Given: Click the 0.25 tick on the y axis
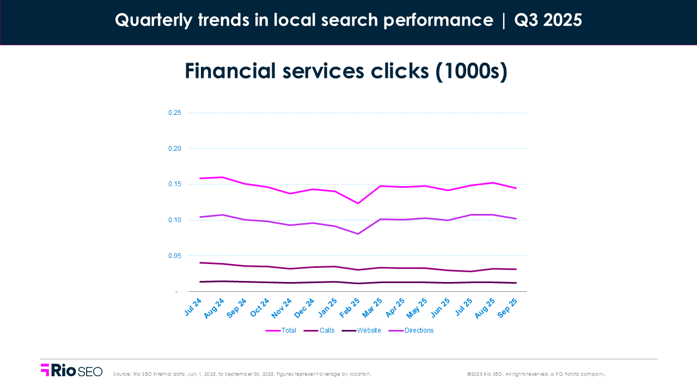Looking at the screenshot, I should click(174, 113).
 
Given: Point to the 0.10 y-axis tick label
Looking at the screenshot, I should click(174, 220).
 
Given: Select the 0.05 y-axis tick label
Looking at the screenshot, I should click(174, 256).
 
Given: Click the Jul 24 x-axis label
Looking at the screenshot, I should click(194, 307).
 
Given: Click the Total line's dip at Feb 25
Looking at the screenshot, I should click(358, 203).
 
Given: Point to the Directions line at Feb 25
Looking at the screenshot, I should click(358, 234).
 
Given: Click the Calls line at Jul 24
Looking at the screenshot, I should click(200, 262).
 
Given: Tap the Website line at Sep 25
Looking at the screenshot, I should click(516, 283).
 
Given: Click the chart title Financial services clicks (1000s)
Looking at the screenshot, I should click(346, 71).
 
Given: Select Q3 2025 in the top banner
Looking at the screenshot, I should click(548, 20).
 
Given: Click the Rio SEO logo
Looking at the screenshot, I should click(71, 370).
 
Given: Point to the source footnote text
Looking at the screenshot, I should click(242, 374).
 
